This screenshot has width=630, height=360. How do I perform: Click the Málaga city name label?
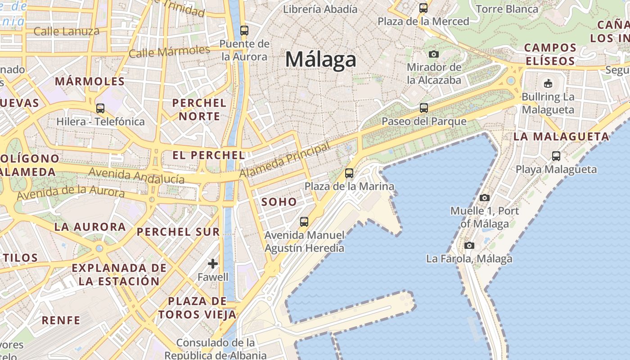tap(320, 59)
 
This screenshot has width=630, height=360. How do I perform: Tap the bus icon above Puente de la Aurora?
tap(244, 31)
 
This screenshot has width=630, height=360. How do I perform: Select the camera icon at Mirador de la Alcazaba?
tap(433, 54)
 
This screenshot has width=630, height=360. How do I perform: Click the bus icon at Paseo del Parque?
tap(423, 108)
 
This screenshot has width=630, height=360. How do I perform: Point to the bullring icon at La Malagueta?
tap(548, 83)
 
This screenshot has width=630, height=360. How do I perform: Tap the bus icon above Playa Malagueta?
tap(556, 156)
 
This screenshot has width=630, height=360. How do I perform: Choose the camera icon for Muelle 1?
tap(484, 198)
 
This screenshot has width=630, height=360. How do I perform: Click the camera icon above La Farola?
tap(469, 245)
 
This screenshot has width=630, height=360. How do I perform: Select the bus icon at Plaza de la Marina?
tap(349, 173)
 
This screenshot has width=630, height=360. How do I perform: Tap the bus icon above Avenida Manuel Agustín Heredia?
tap(304, 221)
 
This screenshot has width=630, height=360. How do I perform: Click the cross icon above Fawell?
tap(213, 263)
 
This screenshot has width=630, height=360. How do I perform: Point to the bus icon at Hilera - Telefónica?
tap(100, 108)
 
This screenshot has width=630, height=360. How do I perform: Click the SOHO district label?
tap(279, 202)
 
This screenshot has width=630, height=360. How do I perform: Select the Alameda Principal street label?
tap(284, 160)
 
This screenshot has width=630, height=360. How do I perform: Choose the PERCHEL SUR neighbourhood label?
tap(178, 232)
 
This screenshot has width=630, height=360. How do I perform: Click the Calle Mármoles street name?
tap(169, 51)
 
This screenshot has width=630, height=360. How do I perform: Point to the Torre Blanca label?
tap(507, 9)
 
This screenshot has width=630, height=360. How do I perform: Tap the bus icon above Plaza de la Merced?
tap(423, 8)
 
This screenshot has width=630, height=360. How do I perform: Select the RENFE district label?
tap(61, 320)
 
